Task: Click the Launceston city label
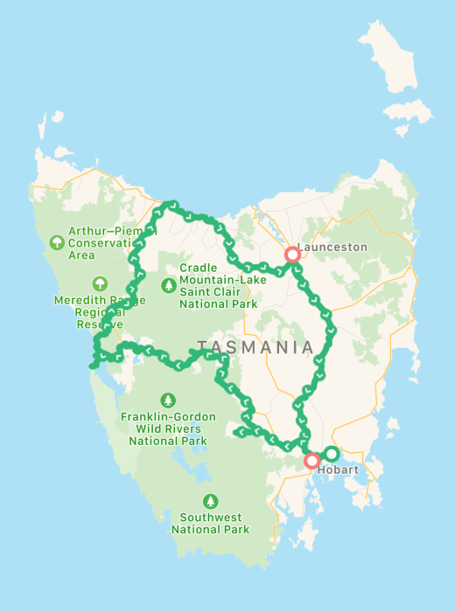pyautogui.click(x=333, y=247)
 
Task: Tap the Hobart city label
pyautogui.click(x=339, y=469)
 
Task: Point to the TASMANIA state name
pyautogui.click(x=255, y=347)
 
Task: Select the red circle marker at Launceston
pyautogui.click(x=292, y=254)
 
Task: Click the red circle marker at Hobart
pyautogui.click(x=311, y=461)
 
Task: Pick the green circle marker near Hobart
pyautogui.click(x=332, y=454)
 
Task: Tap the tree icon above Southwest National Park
pyautogui.click(x=210, y=501)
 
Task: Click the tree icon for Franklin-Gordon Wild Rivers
pyautogui.click(x=168, y=400)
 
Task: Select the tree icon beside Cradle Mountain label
pyautogui.click(x=168, y=284)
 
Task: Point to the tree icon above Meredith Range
pyautogui.click(x=100, y=283)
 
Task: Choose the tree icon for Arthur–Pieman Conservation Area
pyautogui.click(x=57, y=242)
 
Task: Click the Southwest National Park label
pyautogui.click(x=210, y=523)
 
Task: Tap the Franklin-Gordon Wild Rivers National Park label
pyautogui.click(x=168, y=429)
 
